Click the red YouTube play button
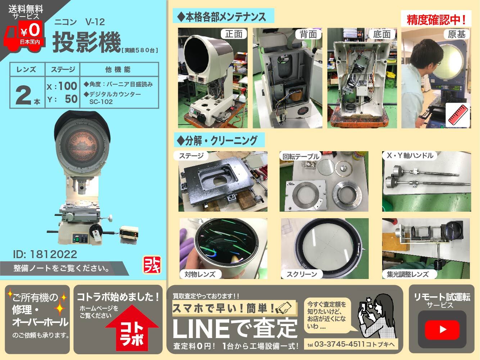[x=442, y=329]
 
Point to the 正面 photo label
[x=234, y=34]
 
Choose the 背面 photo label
[x=308, y=34]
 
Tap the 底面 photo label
[x=382, y=34]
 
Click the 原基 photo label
[x=457, y=34]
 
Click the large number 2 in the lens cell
[x=24, y=96]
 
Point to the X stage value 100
[x=68, y=86]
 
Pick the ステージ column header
[x=63, y=69]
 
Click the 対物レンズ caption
[x=200, y=274]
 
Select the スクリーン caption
[x=302, y=274]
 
